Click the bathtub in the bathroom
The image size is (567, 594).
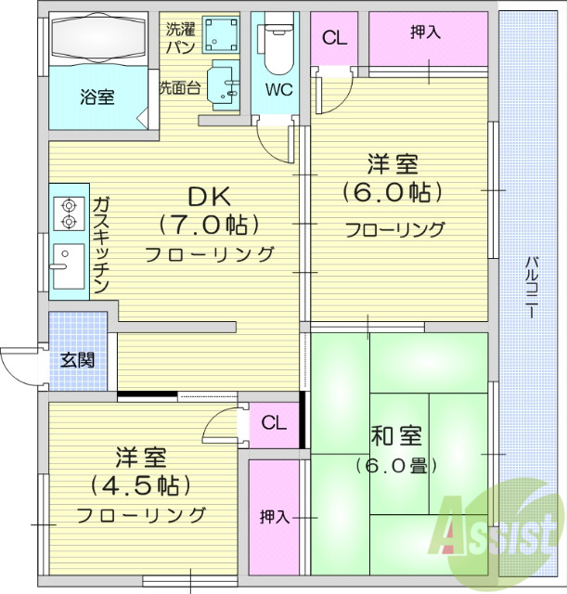(x=98, y=40)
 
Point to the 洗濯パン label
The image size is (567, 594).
(x=180, y=37)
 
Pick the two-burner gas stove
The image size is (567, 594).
(x=69, y=214)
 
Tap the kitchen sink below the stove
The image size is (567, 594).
(x=68, y=267)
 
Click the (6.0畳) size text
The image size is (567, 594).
(x=394, y=464)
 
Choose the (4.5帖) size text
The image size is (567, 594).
(x=141, y=484)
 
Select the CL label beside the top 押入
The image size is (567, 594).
(x=334, y=38)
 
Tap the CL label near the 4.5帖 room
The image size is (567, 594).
(x=274, y=423)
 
